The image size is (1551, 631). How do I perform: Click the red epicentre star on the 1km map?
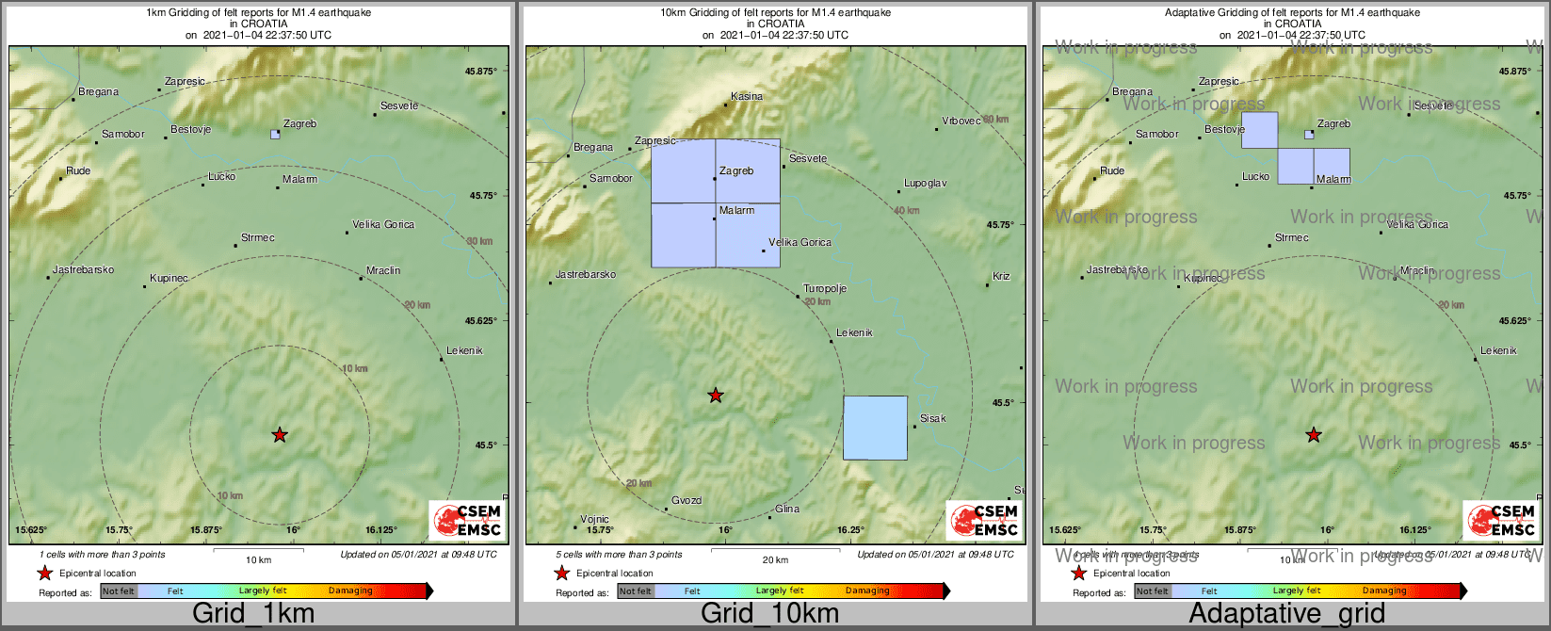(x=280, y=434)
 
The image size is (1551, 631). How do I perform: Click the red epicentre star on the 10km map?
(x=716, y=395)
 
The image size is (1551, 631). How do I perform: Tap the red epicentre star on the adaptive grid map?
(x=1314, y=434)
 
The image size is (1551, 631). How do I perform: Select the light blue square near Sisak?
(x=875, y=428)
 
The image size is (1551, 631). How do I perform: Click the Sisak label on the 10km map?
(x=933, y=418)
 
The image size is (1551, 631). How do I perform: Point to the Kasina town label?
(x=747, y=96)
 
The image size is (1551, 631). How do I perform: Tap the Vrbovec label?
(x=961, y=121)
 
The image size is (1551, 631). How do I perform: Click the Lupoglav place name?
(x=925, y=183)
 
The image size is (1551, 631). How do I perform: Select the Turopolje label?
(x=825, y=288)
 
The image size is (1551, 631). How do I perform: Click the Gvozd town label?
(x=687, y=501)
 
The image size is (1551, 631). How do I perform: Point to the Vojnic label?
(x=594, y=519)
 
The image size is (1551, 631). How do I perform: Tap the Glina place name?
(x=787, y=509)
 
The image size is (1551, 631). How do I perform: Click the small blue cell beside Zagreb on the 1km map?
(x=275, y=135)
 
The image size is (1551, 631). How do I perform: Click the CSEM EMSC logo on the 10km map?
(x=984, y=520)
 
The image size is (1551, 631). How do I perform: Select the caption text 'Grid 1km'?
(x=253, y=614)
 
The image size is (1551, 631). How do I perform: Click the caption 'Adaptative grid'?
(x=1286, y=614)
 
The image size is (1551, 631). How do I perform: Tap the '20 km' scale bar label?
(x=775, y=560)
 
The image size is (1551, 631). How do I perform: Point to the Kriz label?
(x=1001, y=276)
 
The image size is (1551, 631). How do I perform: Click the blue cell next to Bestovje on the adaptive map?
(x=1259, y=130)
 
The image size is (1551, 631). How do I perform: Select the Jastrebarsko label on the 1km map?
(x=83, y=269)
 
